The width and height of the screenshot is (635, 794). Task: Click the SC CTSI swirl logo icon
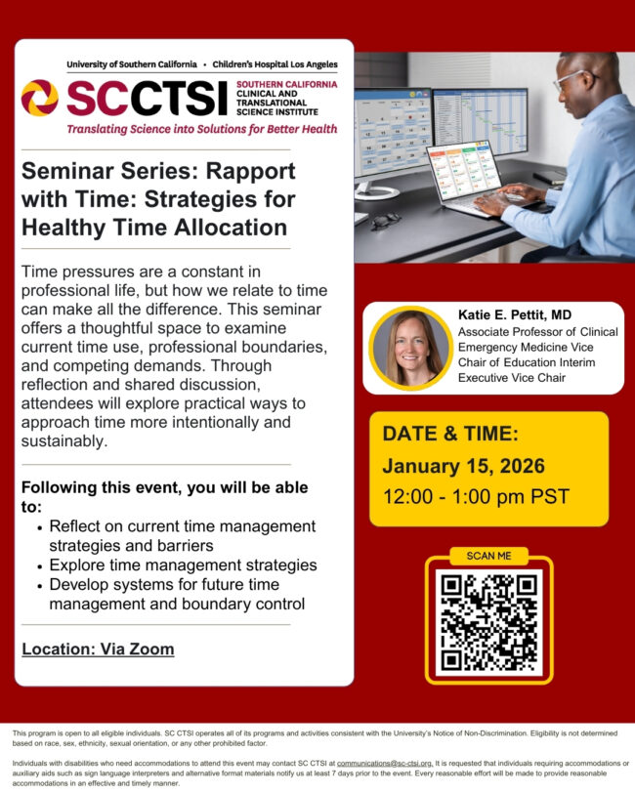coord(39,98)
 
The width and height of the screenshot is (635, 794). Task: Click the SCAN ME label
coord(488,556)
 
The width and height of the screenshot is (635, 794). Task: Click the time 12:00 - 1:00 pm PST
coord(476,497)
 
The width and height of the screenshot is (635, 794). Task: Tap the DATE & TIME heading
coord(450,433)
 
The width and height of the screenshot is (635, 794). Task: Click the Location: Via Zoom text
coord(98,649)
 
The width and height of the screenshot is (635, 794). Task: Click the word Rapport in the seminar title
coord(244,171)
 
